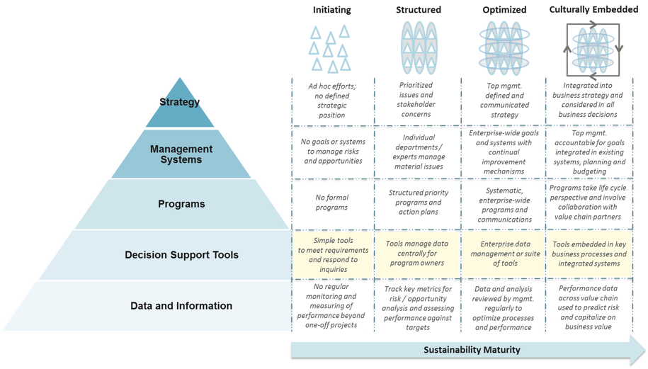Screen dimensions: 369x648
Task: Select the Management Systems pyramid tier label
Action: (x=181, y=154)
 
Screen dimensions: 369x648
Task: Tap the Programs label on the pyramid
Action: (x=181, y=204)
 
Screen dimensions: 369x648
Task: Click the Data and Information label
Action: (x=181, y=306)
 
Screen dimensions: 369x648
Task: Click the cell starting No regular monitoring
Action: (x=329, y=305)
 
